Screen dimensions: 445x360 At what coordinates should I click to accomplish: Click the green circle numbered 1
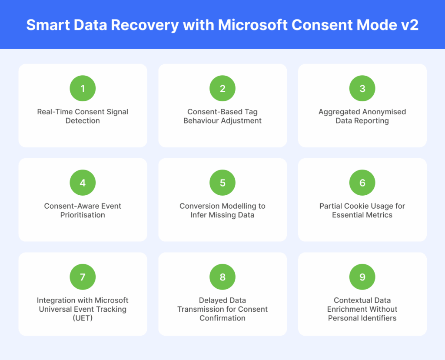pyautogui.click(x=83, y=88)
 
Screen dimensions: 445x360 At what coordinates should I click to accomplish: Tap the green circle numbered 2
pyautogui.click(x=222, y=88)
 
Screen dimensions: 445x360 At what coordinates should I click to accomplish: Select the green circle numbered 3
pyautogui.click(x=362, y=88)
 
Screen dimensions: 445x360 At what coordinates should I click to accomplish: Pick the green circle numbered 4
pyautogui.click(x=83, y=183)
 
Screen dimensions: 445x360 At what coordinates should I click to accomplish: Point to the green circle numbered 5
pyautogui.click(x=222, y=183)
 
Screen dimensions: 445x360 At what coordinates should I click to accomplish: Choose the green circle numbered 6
pyautogui.click(x=362, y=183)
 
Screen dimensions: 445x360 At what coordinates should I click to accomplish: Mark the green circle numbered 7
pyautogui.click(x=83, y=277)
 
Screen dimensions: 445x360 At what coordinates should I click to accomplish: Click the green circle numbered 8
pyautogui.click(x=222, y=277)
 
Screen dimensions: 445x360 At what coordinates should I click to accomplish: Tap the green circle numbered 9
pyautogui.click(x=362, y=277)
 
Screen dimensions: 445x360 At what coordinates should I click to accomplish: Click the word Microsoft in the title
pyautogui.click(x=253, y=25)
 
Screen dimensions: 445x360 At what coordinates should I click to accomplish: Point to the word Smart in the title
pyautogui.click(x=48, y=25)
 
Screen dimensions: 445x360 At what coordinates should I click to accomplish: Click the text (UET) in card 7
pyautogui.click(x=83, y=318)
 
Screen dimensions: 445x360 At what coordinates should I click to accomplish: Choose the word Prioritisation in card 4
pyautogui.click(x=83, y=215)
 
